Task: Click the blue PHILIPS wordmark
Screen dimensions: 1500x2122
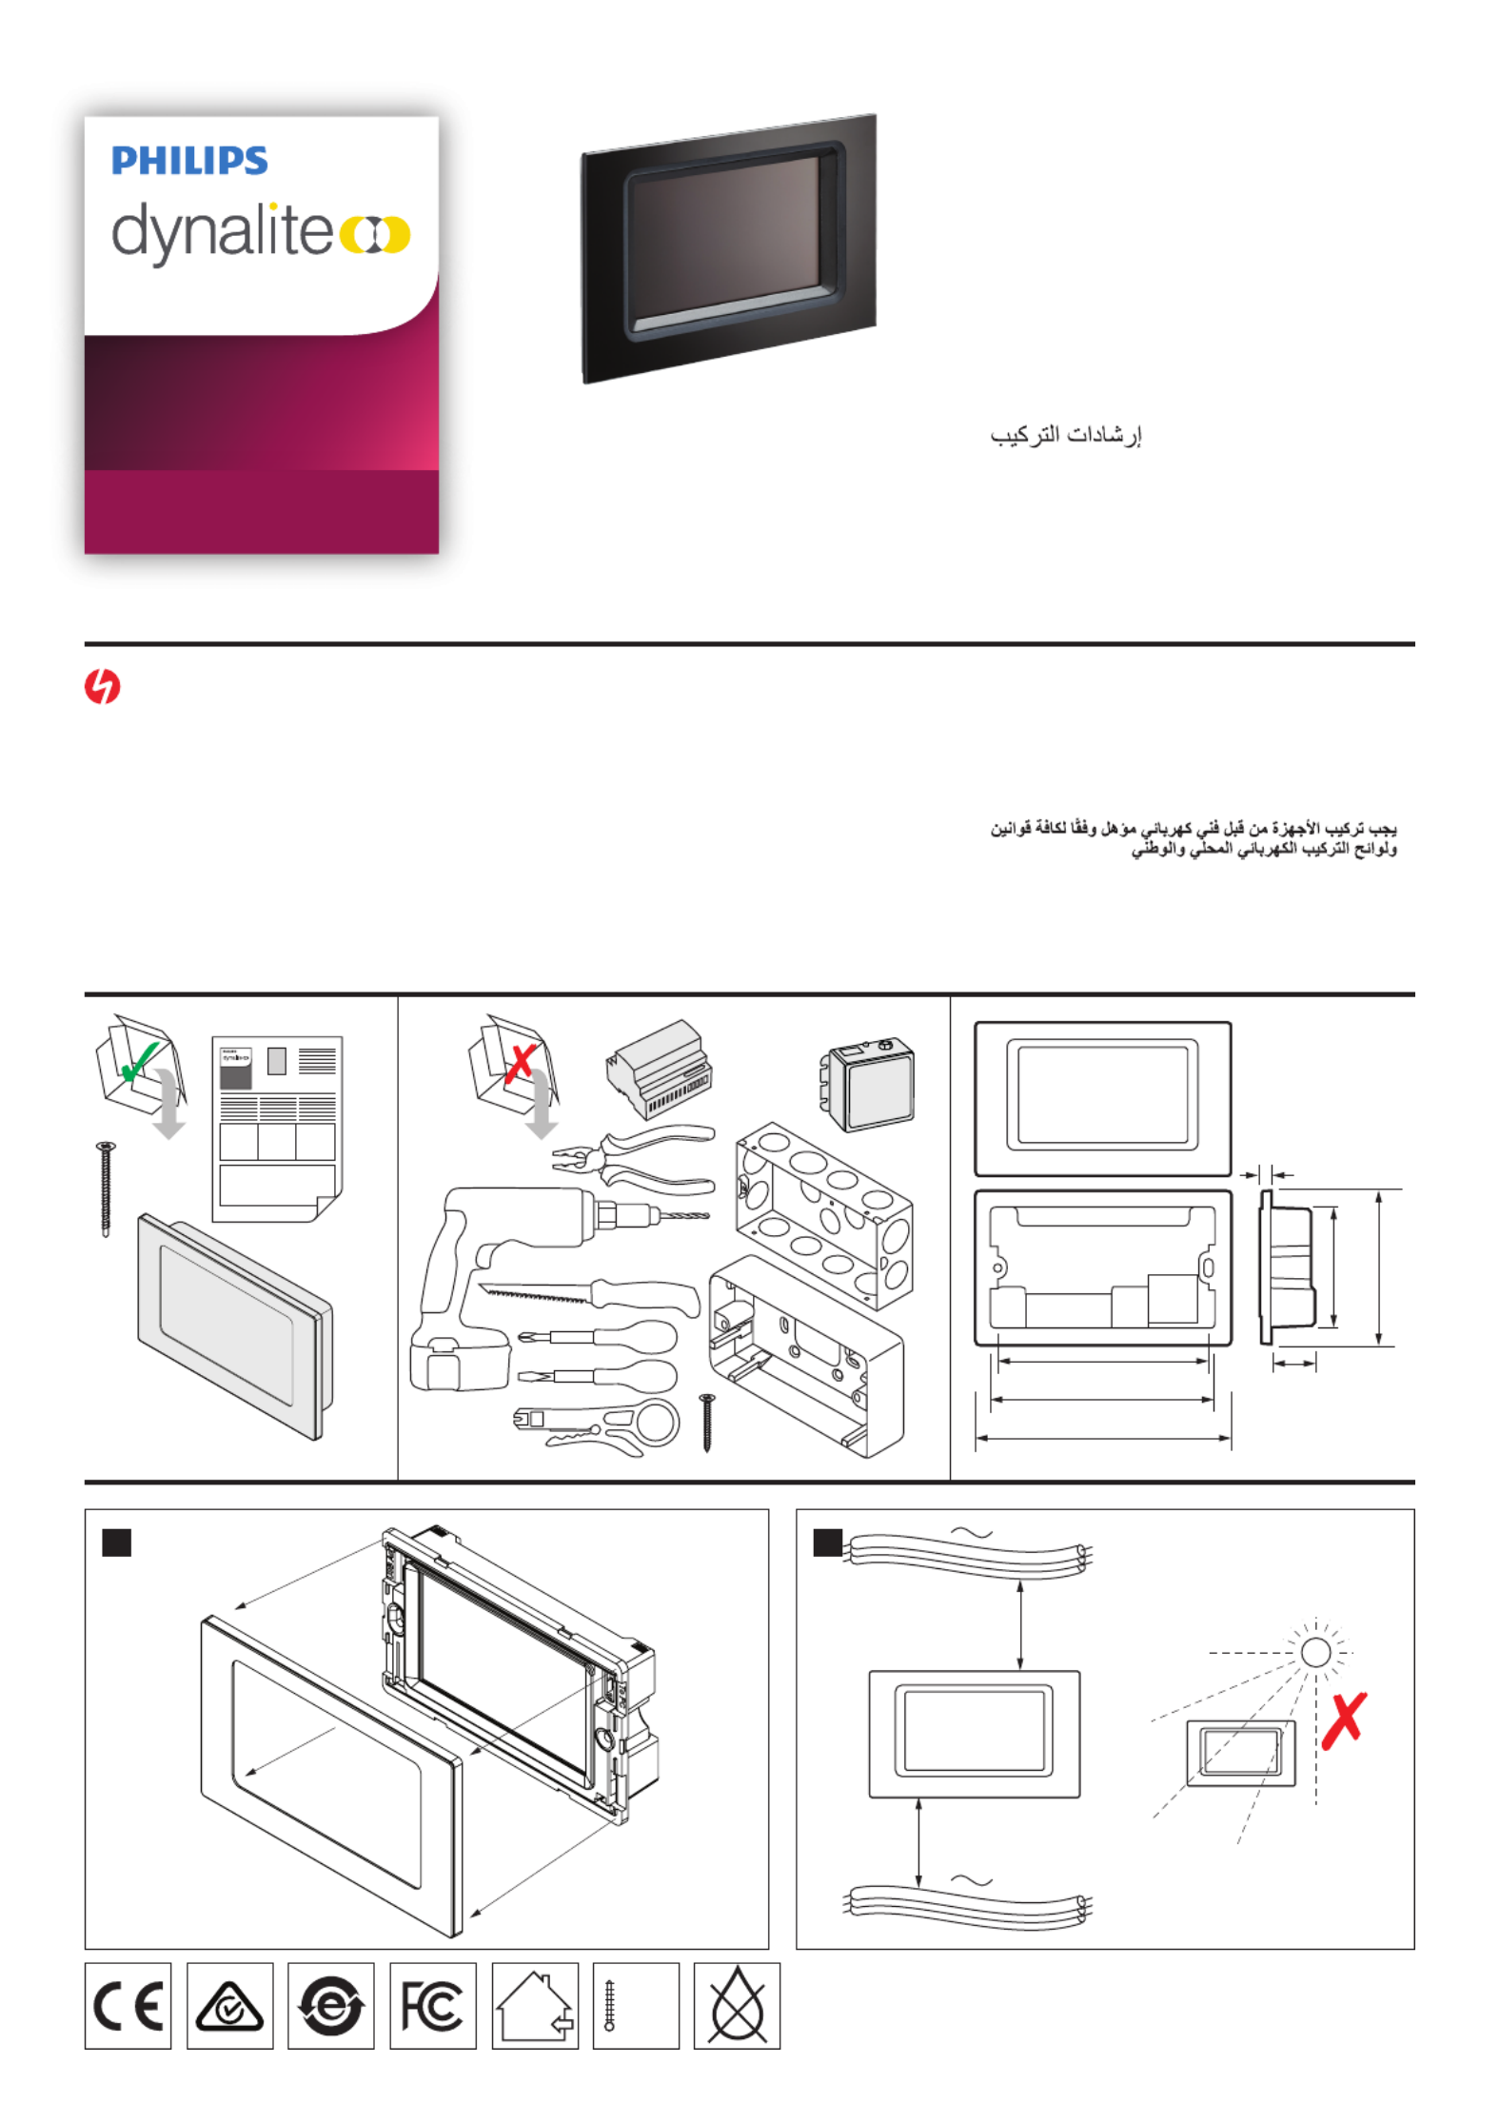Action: [189, 161]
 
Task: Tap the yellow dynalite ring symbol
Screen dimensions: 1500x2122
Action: [375, 234]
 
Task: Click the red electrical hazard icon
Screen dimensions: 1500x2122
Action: [102, 686]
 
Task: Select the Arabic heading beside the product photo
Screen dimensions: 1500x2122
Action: [1065, 435]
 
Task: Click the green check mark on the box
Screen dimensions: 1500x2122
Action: [140, 1061]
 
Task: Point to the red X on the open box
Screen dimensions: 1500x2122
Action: [520, 1063]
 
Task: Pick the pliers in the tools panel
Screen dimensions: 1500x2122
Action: [633, 1160]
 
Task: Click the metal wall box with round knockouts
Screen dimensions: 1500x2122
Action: [824, 1215]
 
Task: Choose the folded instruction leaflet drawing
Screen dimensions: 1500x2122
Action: [277, 1129]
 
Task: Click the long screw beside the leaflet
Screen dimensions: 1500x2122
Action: [106, 1189]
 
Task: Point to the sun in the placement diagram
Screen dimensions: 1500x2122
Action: [1315, 1652]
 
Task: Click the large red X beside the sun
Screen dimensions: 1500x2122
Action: [1344, 1719]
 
